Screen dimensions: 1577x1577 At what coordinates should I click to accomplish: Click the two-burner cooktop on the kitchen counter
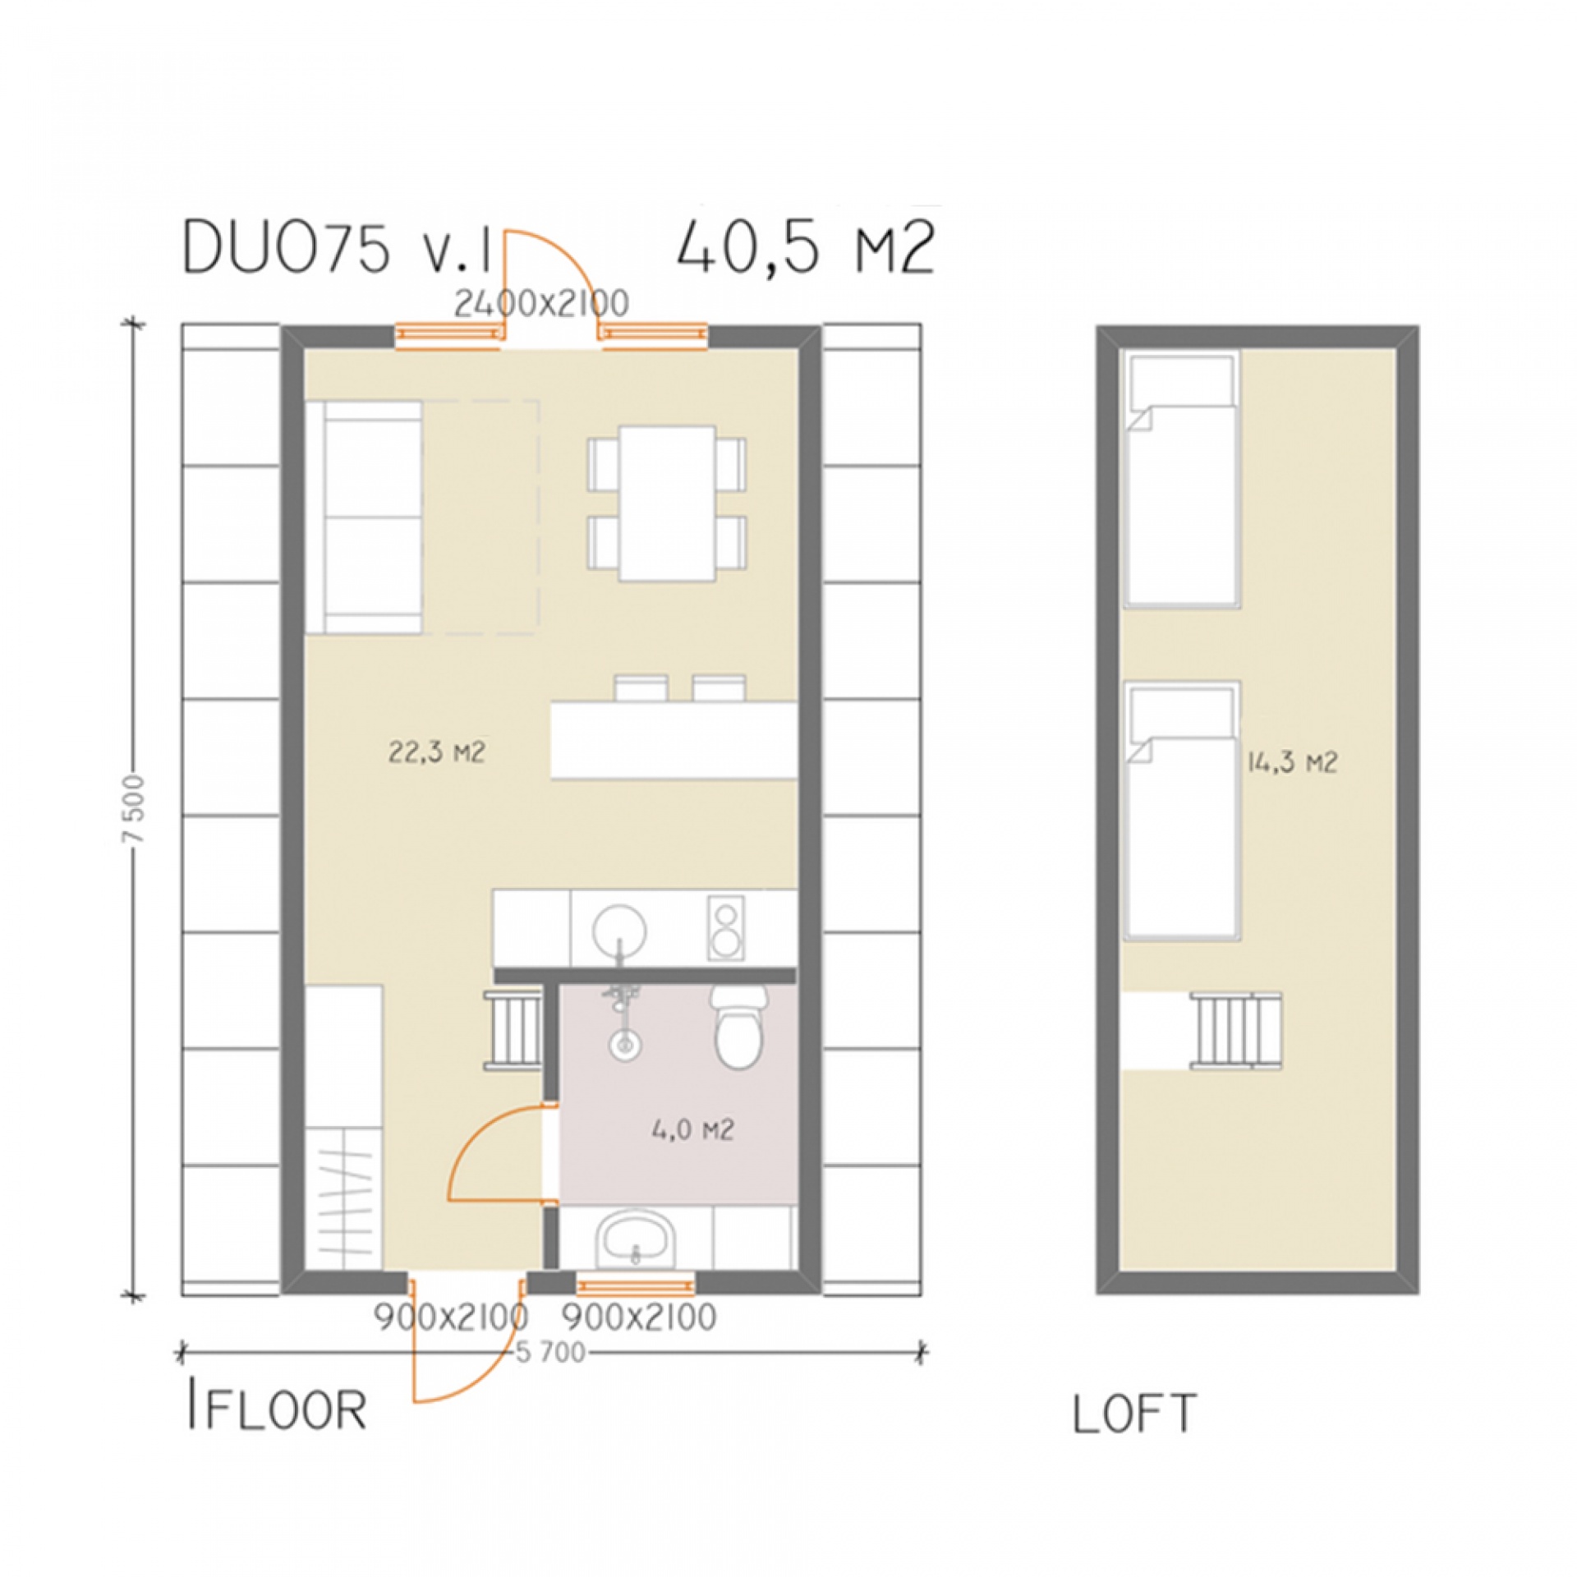[x=725, y=930]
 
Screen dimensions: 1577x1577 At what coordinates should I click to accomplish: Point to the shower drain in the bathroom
[x=625, y=1044]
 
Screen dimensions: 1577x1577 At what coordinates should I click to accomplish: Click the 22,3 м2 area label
[x=436, y=752]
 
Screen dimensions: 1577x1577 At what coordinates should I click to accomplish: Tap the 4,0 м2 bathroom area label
[x=692, y=1131]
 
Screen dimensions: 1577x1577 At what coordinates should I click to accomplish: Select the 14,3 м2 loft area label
[x=1292, y=763]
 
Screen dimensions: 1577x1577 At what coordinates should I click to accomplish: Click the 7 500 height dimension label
[x=136, y=810]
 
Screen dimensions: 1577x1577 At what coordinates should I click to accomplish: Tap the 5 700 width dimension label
[x=551, y=1352]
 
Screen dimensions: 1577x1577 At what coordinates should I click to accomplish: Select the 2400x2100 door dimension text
[x=542, y=304]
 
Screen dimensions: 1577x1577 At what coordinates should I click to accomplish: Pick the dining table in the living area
[x=667, y=503]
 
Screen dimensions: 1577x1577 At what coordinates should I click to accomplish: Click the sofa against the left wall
[x=364, y=517]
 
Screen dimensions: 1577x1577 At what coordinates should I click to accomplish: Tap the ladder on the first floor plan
[x=512, y=1029]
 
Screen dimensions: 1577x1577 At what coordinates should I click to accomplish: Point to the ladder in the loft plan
[x=1235, y=1030]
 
